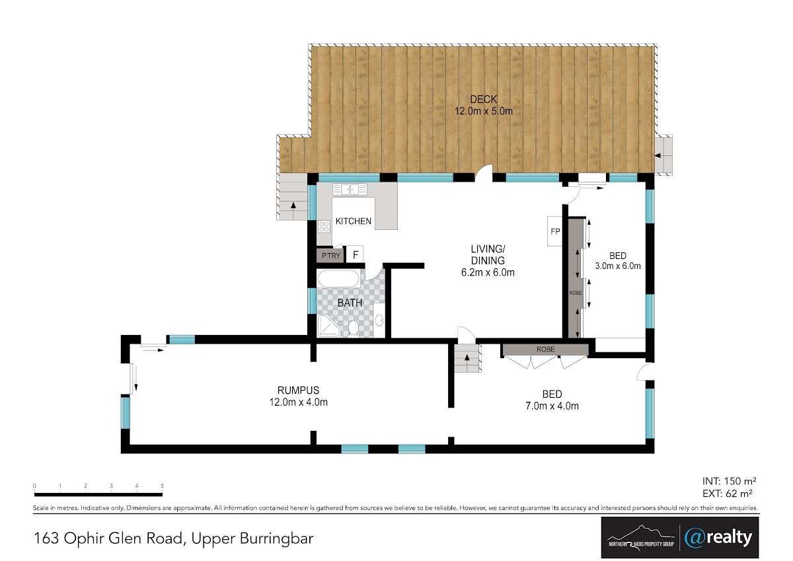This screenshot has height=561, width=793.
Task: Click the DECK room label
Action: pyautogui.click(x=484, y=100)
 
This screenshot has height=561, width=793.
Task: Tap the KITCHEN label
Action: pyautogui.click(x=354, y=221)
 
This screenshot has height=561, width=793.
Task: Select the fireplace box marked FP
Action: pyautogui.click(x=554, y=231)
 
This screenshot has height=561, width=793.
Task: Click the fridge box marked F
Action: pyautogui.click(x=355, y=254)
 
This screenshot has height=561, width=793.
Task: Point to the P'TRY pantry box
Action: pyautogui.click(x=330, y=256)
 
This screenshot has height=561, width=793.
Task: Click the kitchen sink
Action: pyautogui.click(x=350, y=190)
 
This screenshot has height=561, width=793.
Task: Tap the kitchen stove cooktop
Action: pyautogui.click(x=324, y=227)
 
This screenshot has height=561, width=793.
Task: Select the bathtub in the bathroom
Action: pyautogui.click(x=339, y=279)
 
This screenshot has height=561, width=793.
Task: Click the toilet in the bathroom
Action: pyautogui.click(x=354, y=328)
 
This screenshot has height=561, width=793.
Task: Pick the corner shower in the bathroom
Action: pyautogui.click(x=328, y=326)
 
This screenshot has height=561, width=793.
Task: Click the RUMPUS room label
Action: pyautogui.click(x=298, y=390)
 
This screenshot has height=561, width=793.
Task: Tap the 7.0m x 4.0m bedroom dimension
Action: pyautogui.click(x=552, y=406)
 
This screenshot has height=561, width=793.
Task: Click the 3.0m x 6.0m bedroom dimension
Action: pyautogui.click(x=618, y=266)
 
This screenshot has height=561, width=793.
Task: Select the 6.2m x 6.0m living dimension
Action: pyautogui.click(x=488, y=272)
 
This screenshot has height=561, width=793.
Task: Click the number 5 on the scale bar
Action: pyautogui.click(x=162, y=486)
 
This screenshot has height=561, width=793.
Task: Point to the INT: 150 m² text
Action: pyautogui.click(x=730, y=481)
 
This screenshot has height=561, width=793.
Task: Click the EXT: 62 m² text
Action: pyautogui.click(x=728, y=493)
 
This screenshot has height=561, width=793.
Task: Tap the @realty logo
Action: pyautogui.click(x=718, y=538)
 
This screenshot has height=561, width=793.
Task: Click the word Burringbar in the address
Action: pyautogui.click(x=277, y=539)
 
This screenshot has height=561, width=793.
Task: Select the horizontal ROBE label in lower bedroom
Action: pyautogui.click(x=545, y=350)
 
